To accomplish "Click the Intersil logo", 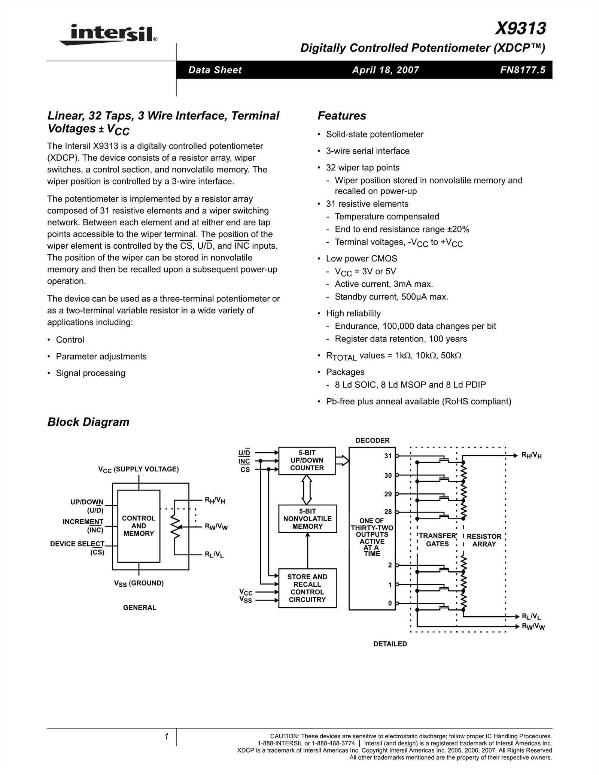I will tap(108, 34).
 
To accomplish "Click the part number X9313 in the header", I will tap(520, 28).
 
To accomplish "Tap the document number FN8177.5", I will tap(523, 70).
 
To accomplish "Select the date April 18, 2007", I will tap(385, 70).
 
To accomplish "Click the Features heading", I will tap(341, 116).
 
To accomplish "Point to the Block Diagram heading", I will tap(88, 422).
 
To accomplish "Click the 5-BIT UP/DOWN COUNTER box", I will tap(307, 461).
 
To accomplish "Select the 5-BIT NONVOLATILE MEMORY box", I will tap(307, 519).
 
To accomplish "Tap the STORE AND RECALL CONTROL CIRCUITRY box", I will tap(307, 588).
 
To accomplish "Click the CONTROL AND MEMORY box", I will tap(139, 526).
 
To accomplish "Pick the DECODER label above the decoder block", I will tap(372, 440).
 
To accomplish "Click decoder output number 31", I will tap(387, 456).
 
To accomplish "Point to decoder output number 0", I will tap(390, 603).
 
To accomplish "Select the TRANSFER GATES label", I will tap(437, 540).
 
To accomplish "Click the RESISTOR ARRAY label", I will tap(484, 540).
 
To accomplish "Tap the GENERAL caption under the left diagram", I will tap(140, 608).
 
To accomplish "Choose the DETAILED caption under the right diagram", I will tap(390, 644).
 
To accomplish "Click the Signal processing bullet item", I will tap(90, 373).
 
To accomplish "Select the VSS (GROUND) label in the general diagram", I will tap(139, 583).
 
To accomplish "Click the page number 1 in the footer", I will tap(166, 737).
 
